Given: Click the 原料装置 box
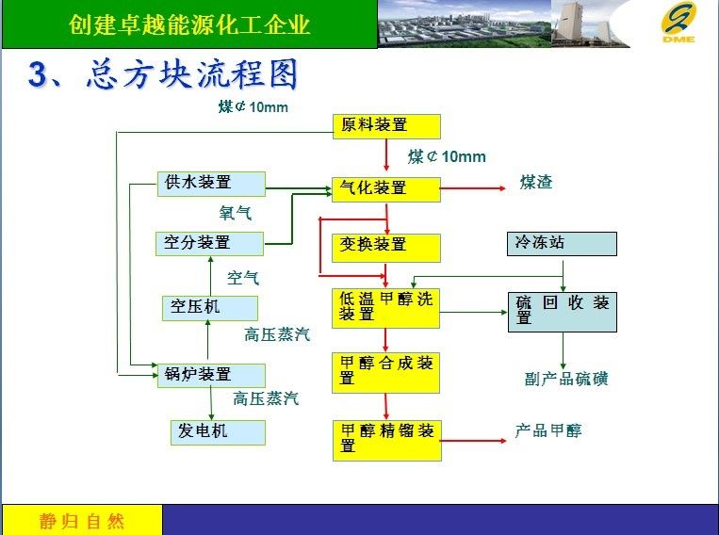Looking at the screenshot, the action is click(386, 126).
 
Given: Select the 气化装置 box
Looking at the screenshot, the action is click(386, 189).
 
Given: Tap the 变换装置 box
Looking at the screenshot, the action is click(386, 248).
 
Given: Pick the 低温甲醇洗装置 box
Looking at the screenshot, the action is click(385, 308).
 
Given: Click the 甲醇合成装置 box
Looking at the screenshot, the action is click(385, 373).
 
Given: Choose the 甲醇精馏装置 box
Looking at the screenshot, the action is click(387, 440).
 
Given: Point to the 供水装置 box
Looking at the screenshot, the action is click(211, 184).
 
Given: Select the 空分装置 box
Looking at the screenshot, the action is click(209, 243).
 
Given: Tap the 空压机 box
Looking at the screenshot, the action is click(210, 308).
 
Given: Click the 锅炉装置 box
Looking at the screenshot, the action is click(211, 376).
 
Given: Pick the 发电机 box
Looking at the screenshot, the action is click(218, 432).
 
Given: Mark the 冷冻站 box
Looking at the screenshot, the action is click(562, 243).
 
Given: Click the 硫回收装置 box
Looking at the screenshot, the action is click(563, 312).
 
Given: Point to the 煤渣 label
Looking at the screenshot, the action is click(536, 182).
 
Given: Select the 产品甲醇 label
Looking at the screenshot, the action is click(547, 430).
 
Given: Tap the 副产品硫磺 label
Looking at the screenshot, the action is click(566, 379).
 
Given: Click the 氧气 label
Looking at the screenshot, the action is click(236, 213).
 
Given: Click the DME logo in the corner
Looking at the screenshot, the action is click(678, 22).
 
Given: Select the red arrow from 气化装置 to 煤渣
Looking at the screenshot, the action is click(473, 188).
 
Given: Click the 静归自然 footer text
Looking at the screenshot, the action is click(82, 522).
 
